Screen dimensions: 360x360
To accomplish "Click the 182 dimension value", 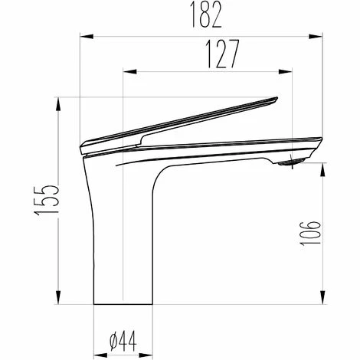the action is tap(207, 15).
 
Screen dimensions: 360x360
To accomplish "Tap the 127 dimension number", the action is tap(222, 54).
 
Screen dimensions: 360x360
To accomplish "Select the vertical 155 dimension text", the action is tap(47, 201).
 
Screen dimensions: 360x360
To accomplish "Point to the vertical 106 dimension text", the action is tap(310, 234).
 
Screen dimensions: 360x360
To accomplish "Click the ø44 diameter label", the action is tap(123, 341).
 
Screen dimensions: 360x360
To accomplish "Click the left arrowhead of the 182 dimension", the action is tap(87, 37).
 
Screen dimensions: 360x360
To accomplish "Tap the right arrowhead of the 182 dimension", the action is tap(316, 37).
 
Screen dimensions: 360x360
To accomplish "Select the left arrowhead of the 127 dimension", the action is tap(129, 71).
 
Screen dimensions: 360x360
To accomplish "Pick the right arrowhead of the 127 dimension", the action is tap(286, 71).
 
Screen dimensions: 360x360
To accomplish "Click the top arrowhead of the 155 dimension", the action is tap(58, 104).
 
